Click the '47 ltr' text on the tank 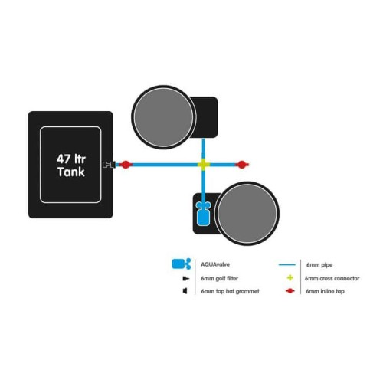coord(71,159)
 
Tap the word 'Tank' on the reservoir coord(71,172)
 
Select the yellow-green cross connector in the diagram coord(204,165)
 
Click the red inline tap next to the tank coord(126,165)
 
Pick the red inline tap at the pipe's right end coord(241,165)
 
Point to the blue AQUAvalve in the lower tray coord(203,214)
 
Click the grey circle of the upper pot coord(164,117)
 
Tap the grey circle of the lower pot coord(247,214)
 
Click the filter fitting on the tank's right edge coord(109,165)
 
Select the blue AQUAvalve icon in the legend coord(182,264)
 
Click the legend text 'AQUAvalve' coord(215,264)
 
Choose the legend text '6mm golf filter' coord(219,278)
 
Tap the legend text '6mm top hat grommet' coord(230,291)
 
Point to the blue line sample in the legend coord(287,264)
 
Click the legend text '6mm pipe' coord(319,265)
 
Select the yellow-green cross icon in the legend coord(290,278)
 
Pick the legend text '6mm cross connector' coord(332,278)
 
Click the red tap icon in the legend coord(290,291)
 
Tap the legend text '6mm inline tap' coord(325,291)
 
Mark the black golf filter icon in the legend coord(186,278)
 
